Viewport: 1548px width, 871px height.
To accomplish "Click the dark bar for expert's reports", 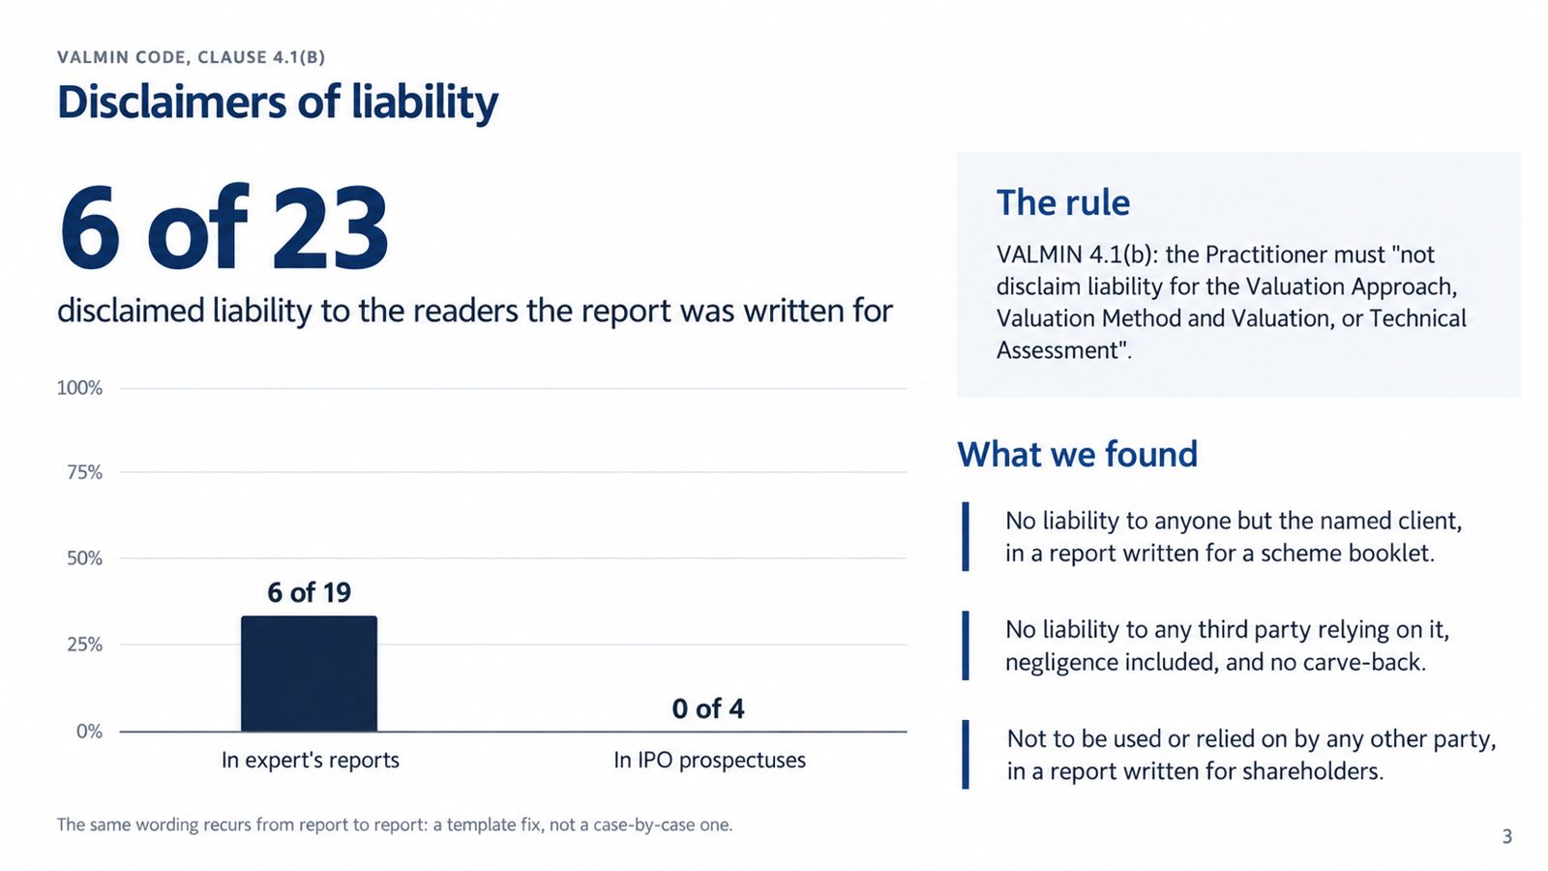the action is [309, 674].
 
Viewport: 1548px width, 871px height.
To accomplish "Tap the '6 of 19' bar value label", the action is [309, 592].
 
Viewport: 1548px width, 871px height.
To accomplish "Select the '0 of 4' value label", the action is [708, 708].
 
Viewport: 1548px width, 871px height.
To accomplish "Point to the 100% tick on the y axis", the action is [79, 388].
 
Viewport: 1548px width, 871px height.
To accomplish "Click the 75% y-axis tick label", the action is [84, 473].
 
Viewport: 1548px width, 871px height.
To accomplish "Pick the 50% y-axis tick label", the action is [84, 558].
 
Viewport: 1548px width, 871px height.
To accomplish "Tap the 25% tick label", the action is [84, 645].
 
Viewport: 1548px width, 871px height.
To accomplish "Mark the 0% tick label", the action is [89, 732].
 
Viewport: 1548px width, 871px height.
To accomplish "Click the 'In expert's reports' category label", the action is [311, 761].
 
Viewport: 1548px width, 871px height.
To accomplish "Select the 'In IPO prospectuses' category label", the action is [710, 761].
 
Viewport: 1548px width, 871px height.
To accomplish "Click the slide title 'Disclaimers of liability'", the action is [278, 103].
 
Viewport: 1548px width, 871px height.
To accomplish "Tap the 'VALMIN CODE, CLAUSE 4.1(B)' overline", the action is [191, 57].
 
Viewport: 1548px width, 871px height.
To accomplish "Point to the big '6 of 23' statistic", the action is [223, 227].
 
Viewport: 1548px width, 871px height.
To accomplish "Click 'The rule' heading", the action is [1063, 202].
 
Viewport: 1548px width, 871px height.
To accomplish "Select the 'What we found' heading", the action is [1078, 454].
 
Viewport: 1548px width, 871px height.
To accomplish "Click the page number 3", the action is [1507, 837].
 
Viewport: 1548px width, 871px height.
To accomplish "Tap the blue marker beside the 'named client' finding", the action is [966, 536].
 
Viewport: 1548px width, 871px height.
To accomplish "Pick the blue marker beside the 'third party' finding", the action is [966, 646].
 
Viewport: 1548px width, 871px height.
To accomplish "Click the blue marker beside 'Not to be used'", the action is [966, 754].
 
